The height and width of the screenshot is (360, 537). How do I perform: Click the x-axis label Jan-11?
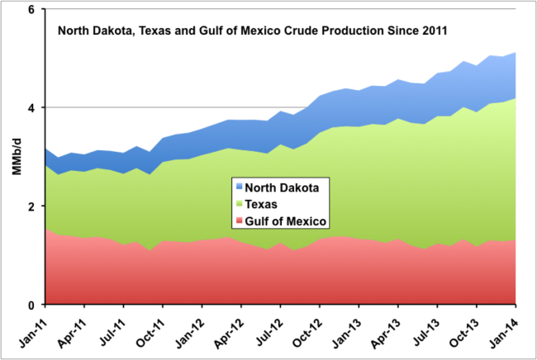(x=32, y=332)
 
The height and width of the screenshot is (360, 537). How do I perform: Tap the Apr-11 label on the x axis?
(x=71, y=332)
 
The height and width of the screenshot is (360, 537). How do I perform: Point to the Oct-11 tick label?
(x=150, y=332)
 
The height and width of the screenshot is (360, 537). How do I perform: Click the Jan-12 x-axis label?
(x=189, y=332)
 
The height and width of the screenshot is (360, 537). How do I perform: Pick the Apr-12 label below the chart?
(x=228, y=332)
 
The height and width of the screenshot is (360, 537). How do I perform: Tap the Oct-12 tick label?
(x=307, y=332)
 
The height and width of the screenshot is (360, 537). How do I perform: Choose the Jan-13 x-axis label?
(x=346, y=332)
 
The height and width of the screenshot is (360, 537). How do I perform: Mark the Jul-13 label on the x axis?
(x=425, y=331)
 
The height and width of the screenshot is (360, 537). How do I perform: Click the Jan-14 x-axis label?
(x=503, y=332)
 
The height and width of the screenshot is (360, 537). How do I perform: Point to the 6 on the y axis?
(x=31, y=9)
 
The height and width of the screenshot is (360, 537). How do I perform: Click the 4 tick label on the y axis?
(x=31, y=108)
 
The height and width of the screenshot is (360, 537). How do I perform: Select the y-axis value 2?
(x=31, y=206)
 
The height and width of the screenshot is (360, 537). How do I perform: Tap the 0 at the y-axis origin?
(x=31, y=305)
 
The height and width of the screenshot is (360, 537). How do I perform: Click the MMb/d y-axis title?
(x=17, y=156)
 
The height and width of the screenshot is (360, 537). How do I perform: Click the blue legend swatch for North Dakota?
(x=239, y=187)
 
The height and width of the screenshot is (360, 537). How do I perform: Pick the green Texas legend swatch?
(x=239, y=204)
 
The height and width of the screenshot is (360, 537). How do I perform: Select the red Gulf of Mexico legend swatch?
(x=239, y=220)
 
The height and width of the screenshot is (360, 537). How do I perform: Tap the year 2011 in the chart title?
(x=435, y=31)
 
